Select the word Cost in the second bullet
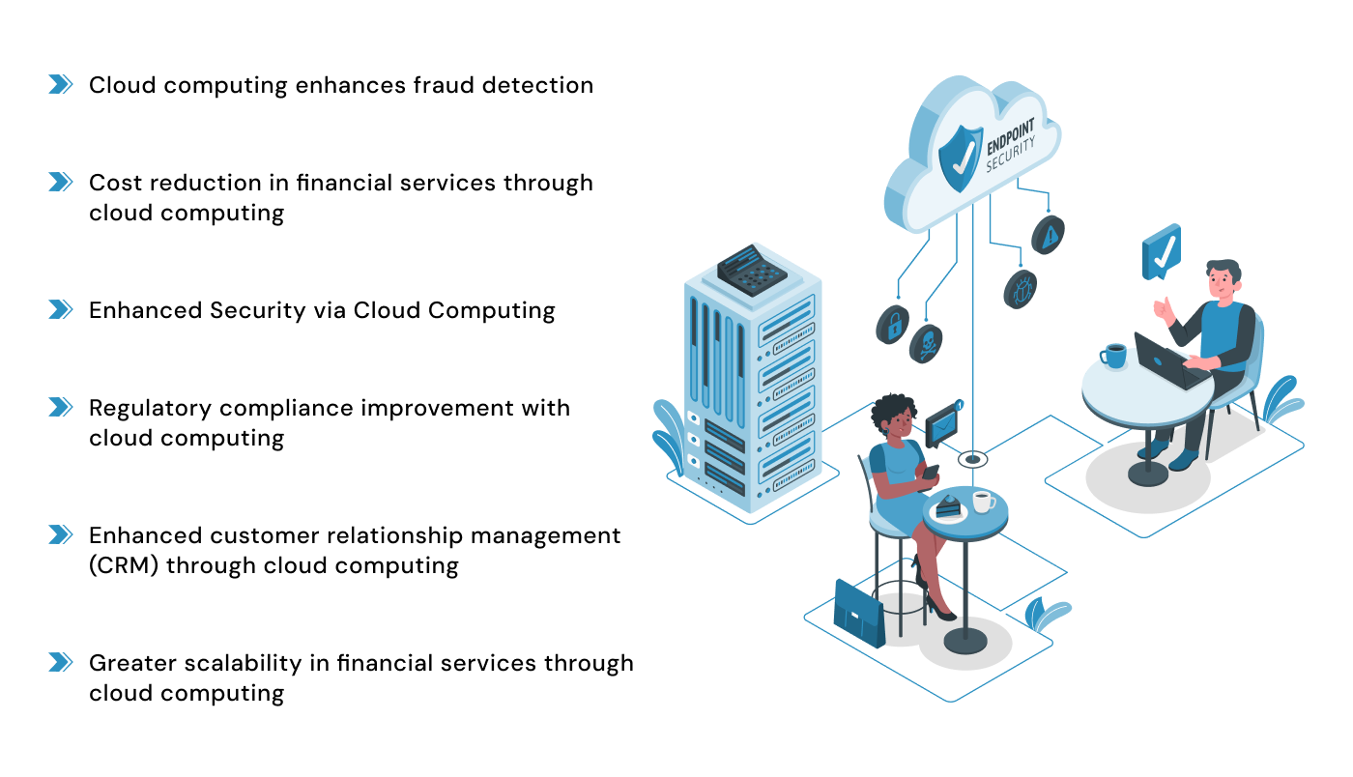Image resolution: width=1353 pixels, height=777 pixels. [115, 183]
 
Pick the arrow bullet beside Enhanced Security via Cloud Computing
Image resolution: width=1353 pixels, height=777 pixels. [61, 309]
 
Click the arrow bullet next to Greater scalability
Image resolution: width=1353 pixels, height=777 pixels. [61, 662]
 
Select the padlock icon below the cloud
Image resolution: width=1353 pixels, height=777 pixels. [893, 324]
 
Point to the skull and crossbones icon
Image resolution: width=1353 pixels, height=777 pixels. [926, 343]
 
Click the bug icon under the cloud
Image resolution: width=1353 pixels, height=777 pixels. [1021, 288]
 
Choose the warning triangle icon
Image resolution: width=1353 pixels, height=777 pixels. [1049, 234]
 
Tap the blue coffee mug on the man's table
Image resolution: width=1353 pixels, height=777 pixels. [1114, 356]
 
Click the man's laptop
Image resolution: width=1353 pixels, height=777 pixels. [1167, 360]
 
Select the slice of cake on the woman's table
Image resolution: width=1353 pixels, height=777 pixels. [948, 504]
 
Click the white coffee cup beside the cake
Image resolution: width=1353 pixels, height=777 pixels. [982, 502]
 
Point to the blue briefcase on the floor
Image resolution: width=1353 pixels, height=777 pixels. [858, 613]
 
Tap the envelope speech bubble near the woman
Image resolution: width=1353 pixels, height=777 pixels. [943, 424]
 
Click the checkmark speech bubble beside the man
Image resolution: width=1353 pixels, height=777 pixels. [1161, 251]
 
